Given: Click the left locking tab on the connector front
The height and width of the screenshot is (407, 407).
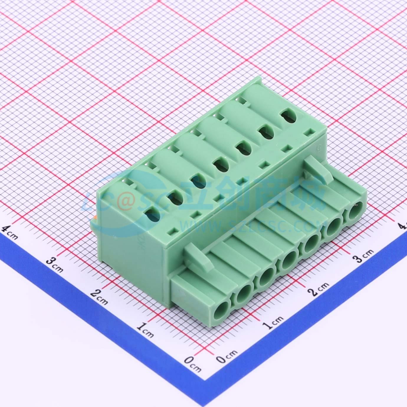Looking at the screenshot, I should click(x=199, y=258).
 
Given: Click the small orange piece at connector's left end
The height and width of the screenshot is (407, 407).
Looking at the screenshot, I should click(x=95, y=219).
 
